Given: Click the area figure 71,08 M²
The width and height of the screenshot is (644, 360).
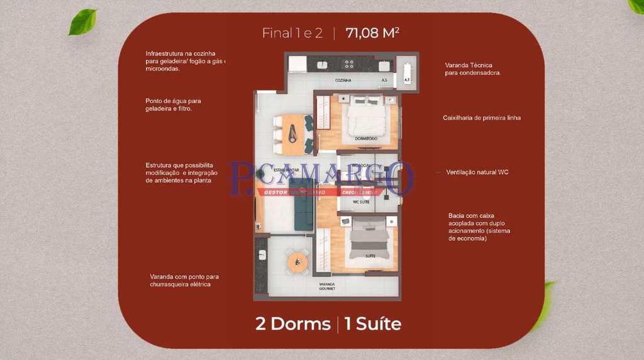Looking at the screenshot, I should click(372, 33).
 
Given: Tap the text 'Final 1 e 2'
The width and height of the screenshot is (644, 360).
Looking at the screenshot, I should click(292, 33).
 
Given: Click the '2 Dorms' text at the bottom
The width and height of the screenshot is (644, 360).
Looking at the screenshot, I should click(292, 324).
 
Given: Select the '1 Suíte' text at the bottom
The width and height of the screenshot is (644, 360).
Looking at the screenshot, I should click(373, 324).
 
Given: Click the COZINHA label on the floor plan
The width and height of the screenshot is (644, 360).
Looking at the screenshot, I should click(343, 81).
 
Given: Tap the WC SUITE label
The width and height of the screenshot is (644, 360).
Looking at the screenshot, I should click(360, 202).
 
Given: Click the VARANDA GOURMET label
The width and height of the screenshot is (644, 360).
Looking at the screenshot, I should click(326, 286).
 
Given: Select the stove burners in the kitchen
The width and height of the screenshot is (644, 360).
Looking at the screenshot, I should click(347, 64).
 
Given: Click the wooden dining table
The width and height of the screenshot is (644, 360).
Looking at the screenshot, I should click(292, 133).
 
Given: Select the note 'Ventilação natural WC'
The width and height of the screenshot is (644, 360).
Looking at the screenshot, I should click(477, 172).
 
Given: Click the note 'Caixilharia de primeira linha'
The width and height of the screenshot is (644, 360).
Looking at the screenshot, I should click(481, 118).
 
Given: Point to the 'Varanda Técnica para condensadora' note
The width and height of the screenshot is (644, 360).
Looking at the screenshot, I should click(472, 69).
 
